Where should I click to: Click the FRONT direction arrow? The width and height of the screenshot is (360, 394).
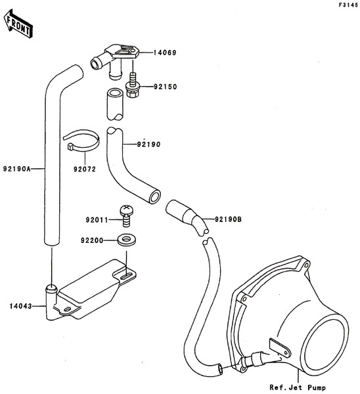(18, 24)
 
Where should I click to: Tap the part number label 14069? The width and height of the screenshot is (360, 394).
(165, 53)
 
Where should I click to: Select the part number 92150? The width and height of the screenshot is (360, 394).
(166, 87)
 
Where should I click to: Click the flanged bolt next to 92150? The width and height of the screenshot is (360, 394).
(133, 85)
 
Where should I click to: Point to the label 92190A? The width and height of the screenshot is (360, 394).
(16, 169)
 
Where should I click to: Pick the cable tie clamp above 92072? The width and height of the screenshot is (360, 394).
(81, 141)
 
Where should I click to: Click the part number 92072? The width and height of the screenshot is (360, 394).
(85, 169)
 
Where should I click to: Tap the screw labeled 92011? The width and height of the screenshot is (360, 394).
(126, 215)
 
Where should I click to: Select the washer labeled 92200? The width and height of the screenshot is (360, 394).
(126, 240)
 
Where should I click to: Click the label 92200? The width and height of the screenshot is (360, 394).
(92, 241)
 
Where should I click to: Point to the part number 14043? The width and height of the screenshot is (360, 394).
(21, 306)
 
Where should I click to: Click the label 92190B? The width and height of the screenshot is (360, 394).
(228, 219)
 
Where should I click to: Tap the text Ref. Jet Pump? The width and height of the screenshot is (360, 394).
(298, 387)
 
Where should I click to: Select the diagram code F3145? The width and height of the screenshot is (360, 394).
(348, 5)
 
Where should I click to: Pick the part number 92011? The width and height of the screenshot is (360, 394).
(97, 220)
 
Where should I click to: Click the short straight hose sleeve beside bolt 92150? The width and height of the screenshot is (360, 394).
(115, 104)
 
